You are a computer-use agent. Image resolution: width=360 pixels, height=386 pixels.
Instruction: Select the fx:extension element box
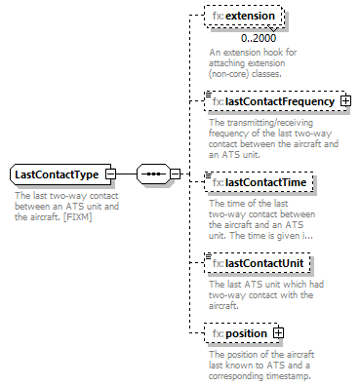pyautogui.click(x=245, y=18)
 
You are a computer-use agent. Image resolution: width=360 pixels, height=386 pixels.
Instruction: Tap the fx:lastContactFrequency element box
pyautogui.click(x=273, y=101)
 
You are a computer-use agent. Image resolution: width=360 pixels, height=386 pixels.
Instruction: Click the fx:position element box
pyautogui.click(x=240, y=333)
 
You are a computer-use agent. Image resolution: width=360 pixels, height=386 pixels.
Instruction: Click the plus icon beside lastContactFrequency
pyautogui.click(x=345, y=101)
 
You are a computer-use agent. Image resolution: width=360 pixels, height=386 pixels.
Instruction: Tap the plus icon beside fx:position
pyautogui.click(x=279, y=333)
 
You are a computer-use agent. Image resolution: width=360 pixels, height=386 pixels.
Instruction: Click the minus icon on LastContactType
pyautogui.click(x=110, y=174)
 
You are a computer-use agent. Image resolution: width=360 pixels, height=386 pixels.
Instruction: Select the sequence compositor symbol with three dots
pyautogui.click(x=152, y=174)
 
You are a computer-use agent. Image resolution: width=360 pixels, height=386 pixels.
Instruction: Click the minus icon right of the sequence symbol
pyautogui.click(x=176, y=174)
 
